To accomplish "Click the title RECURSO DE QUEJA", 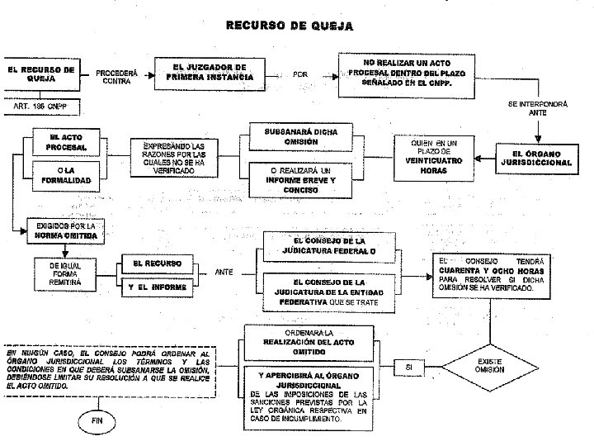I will pyautogui.click(x=290, y=26).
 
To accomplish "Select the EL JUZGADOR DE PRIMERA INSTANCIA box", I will pyautogui.click(x=210, y=73).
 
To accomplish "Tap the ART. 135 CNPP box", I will pyautogui.click(x=40, y=107).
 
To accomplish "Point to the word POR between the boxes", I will pyautogui.click(x=301, y=75).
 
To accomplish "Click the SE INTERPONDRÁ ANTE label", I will pyautogui.click(x=537, y=108).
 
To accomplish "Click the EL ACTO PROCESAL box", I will pyautogui.click(x=67, y=141).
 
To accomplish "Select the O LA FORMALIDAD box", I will pyautogui.click(x=67, y=175).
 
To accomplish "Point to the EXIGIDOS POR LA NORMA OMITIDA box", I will pyautogui.click(x=66, y=230).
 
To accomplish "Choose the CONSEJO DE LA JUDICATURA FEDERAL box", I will pyautogui.click(x=333, y=245).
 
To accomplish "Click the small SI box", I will pyautogui.click(x=409, y=365).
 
